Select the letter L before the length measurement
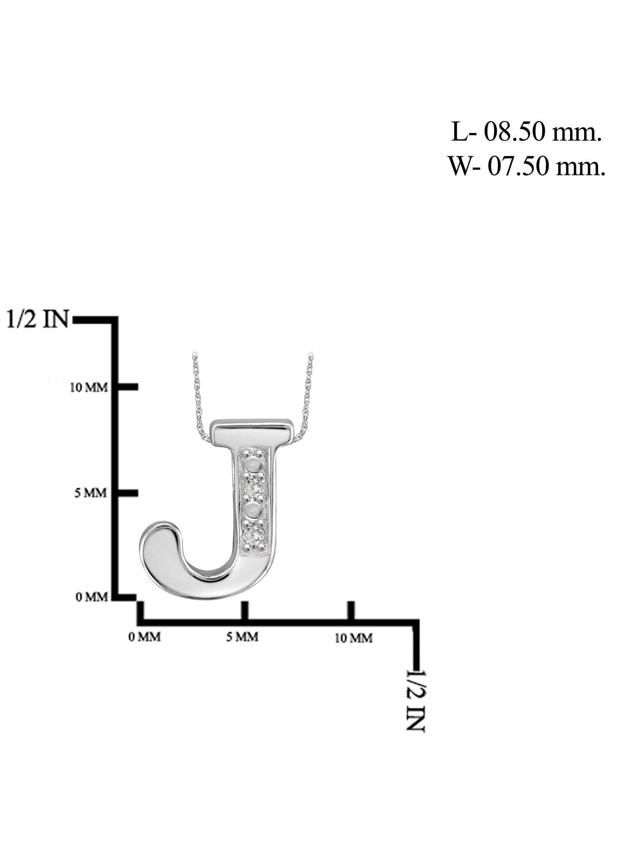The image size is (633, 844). point(459,133)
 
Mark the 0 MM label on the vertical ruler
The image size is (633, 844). point(92,597)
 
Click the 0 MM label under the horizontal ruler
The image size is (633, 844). point(145,637)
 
